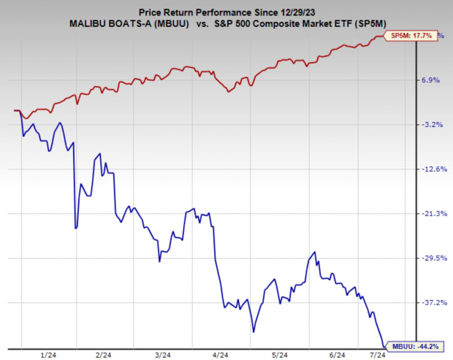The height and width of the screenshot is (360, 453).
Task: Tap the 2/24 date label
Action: click(104, 354)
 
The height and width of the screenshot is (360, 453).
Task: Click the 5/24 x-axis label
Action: click(278, 354)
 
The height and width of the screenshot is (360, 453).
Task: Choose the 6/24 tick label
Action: click(338, 354)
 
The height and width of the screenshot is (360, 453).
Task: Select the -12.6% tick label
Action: click(429, 169)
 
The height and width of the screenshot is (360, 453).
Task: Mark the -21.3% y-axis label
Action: click(429, 213)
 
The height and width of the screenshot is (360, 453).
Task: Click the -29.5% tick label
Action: click(429, 258)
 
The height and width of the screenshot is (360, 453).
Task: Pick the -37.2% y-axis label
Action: click(429, 302)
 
